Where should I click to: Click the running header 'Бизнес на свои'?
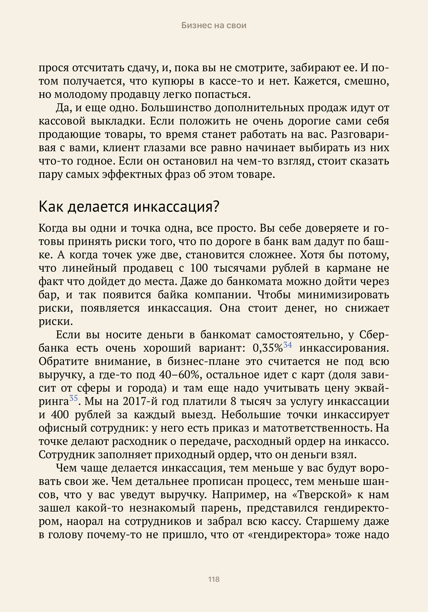[214, 25]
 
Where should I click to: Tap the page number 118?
[214, 579]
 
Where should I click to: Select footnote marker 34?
[288, 345]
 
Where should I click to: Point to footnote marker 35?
[74, 398]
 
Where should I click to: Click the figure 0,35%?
[267, 348]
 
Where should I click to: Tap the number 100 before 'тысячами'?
[199, 268]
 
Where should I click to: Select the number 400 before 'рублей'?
[59, 415]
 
